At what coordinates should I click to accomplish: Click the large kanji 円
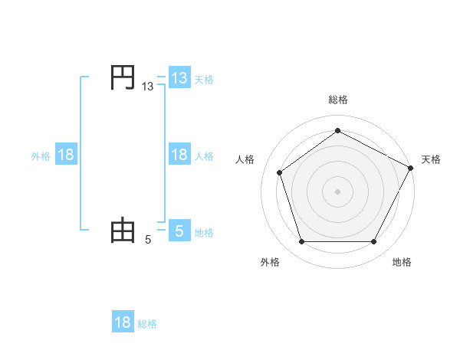click(123, 78)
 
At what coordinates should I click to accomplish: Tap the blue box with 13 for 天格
click(179, 78)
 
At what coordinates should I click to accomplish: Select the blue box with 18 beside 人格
click(179, 155)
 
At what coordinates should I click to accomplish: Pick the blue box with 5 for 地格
click(179, 231)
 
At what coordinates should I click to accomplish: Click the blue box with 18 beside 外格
click(66, 155)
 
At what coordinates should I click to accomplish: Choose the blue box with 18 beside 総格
click(123, 322)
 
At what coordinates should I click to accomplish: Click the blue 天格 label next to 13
click(204, 79)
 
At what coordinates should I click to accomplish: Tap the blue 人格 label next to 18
click(204, 155)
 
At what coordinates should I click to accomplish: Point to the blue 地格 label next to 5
click(204, 232)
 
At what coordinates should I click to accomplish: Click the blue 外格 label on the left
click(41, 155)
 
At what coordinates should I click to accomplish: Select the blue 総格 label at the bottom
click(147, 324)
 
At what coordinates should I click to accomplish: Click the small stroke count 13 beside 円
click(148, 87)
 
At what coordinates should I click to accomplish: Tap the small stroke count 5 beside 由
click(148, 240)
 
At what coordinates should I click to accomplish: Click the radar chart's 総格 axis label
click(337, 100)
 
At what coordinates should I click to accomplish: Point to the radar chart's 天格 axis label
click(431, 159)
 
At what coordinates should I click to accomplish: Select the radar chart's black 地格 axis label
click(402, 262)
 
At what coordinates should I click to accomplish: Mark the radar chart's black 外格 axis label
click(270, 262)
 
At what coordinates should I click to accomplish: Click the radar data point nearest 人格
click(280, 172)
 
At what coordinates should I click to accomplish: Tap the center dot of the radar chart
click(337, 191)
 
